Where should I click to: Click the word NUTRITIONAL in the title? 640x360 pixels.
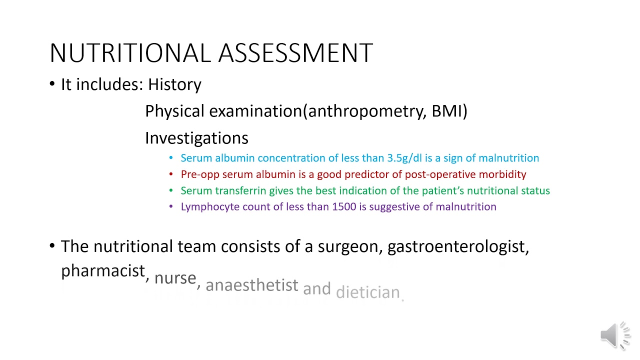pos(131,53)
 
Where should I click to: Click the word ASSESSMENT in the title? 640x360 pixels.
pos(295,53)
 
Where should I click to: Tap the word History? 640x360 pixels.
pos(174,84)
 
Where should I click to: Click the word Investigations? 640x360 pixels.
pos(196,138)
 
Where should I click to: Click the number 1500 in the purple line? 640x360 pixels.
pos(344,207)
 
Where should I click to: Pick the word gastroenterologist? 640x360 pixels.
pos(457,246)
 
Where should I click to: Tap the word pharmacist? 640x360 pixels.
pos(102,271)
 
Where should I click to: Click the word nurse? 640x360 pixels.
pos(175,278)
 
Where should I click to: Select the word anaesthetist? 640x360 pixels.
pos(251,285)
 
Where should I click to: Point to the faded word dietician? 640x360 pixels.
pos(368,292)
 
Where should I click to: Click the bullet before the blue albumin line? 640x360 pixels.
pos(171,158)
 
